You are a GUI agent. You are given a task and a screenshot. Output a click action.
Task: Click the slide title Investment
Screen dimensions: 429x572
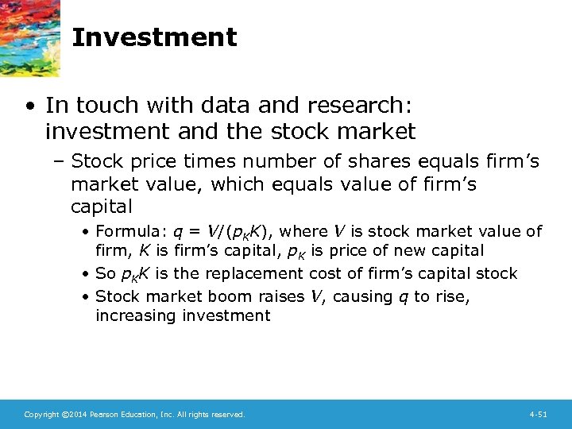pyautogui.click(x=154, y=37)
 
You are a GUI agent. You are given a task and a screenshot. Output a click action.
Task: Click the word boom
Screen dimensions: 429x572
pyautogui.click(x=230, y=296)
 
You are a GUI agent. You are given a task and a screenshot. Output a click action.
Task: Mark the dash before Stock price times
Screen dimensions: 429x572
pyautogui.click(x=60, y=163)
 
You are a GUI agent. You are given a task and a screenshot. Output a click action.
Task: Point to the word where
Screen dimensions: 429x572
pyautogui.click(x=303, y=232)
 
